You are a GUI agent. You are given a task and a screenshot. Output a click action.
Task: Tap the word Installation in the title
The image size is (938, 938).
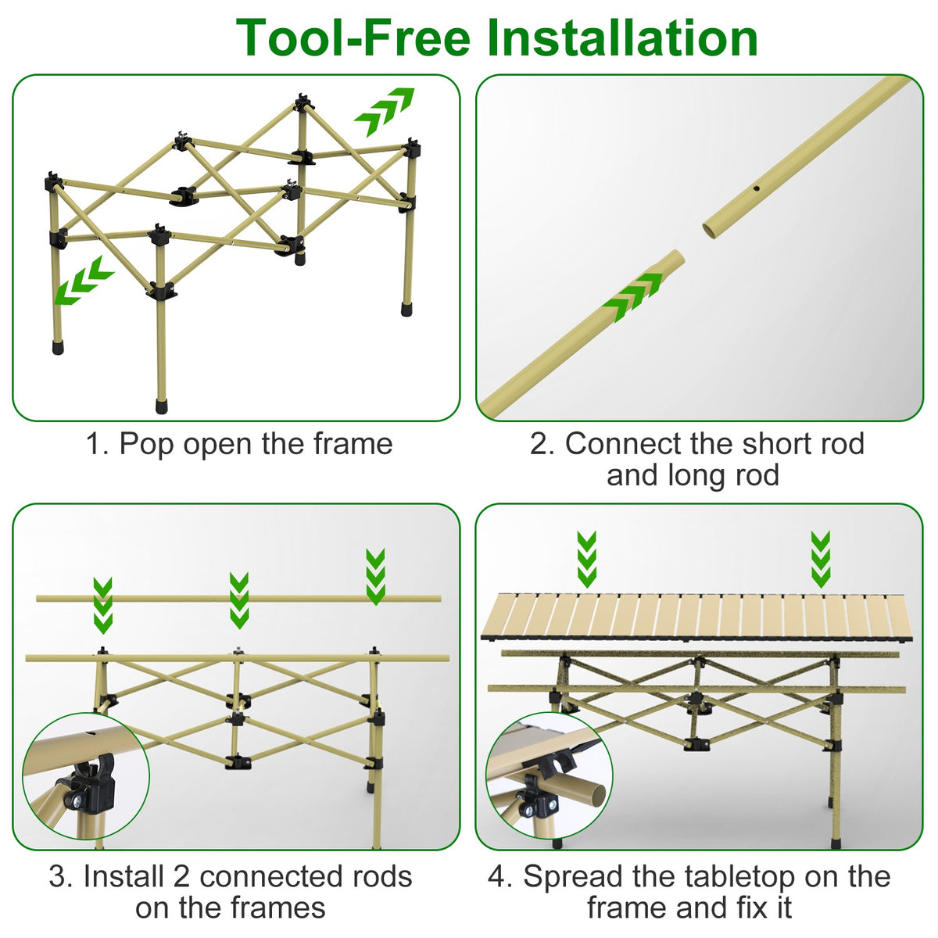(622, 37)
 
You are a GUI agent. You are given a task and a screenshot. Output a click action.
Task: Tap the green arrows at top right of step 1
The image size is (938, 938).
(384, 113)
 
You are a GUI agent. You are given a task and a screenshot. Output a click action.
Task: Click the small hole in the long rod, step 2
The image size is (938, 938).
(757, 190)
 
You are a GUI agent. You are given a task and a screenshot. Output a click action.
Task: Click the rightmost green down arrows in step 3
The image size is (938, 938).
(375, 576)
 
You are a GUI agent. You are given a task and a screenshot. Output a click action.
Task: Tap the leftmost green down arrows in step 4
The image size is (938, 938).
(586, 559)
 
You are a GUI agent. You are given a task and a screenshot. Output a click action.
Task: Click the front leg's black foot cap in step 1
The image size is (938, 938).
(162, 406)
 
